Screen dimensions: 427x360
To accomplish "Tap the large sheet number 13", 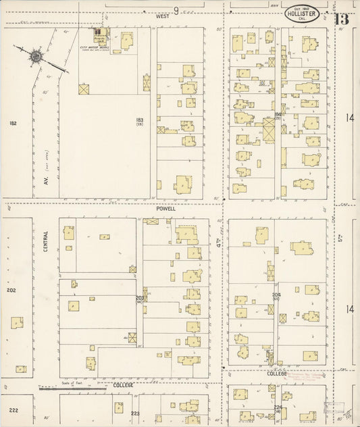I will point(341,18).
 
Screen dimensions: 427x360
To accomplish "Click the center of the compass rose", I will point(34,56).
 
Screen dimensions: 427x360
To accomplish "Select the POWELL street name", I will point(165,209).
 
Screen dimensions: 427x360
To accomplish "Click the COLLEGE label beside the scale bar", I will point(123,385).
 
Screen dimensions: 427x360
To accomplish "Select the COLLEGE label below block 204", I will point(277,373).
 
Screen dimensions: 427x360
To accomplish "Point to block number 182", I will point(12,124).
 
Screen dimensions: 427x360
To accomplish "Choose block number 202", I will point(11,291).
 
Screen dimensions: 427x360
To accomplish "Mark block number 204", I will point(276,295).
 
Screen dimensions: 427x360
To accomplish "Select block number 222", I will point(14,410).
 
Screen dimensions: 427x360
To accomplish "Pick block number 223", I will point(135,413).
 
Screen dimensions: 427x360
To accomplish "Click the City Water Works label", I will point(93,47).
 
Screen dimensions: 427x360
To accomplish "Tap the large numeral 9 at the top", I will point(176,10).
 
